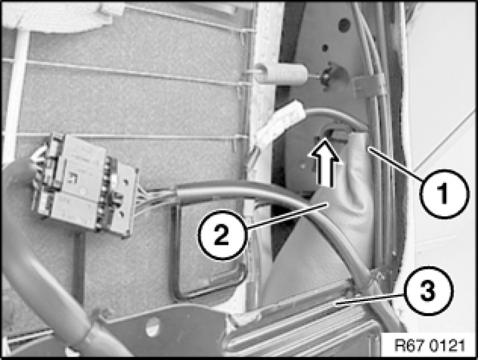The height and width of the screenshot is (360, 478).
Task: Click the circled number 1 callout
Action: tap(444, 194)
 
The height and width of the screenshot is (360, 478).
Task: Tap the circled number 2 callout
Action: tap(222, 235)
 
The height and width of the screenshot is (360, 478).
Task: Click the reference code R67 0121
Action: tap(429, 346)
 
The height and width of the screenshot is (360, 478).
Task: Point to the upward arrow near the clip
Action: tap(324, 161)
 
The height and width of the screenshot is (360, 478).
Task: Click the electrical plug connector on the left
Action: tap(84, 185)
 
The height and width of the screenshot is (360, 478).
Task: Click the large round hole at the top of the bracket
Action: tap(344, 25)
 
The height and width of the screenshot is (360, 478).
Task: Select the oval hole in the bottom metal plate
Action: tap(152, 327)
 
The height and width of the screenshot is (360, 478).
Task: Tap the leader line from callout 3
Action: tap(370, 299)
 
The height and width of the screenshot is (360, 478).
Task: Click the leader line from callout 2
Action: tap(287, 216)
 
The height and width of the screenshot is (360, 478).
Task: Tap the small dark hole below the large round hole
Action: tap(325, 48)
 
